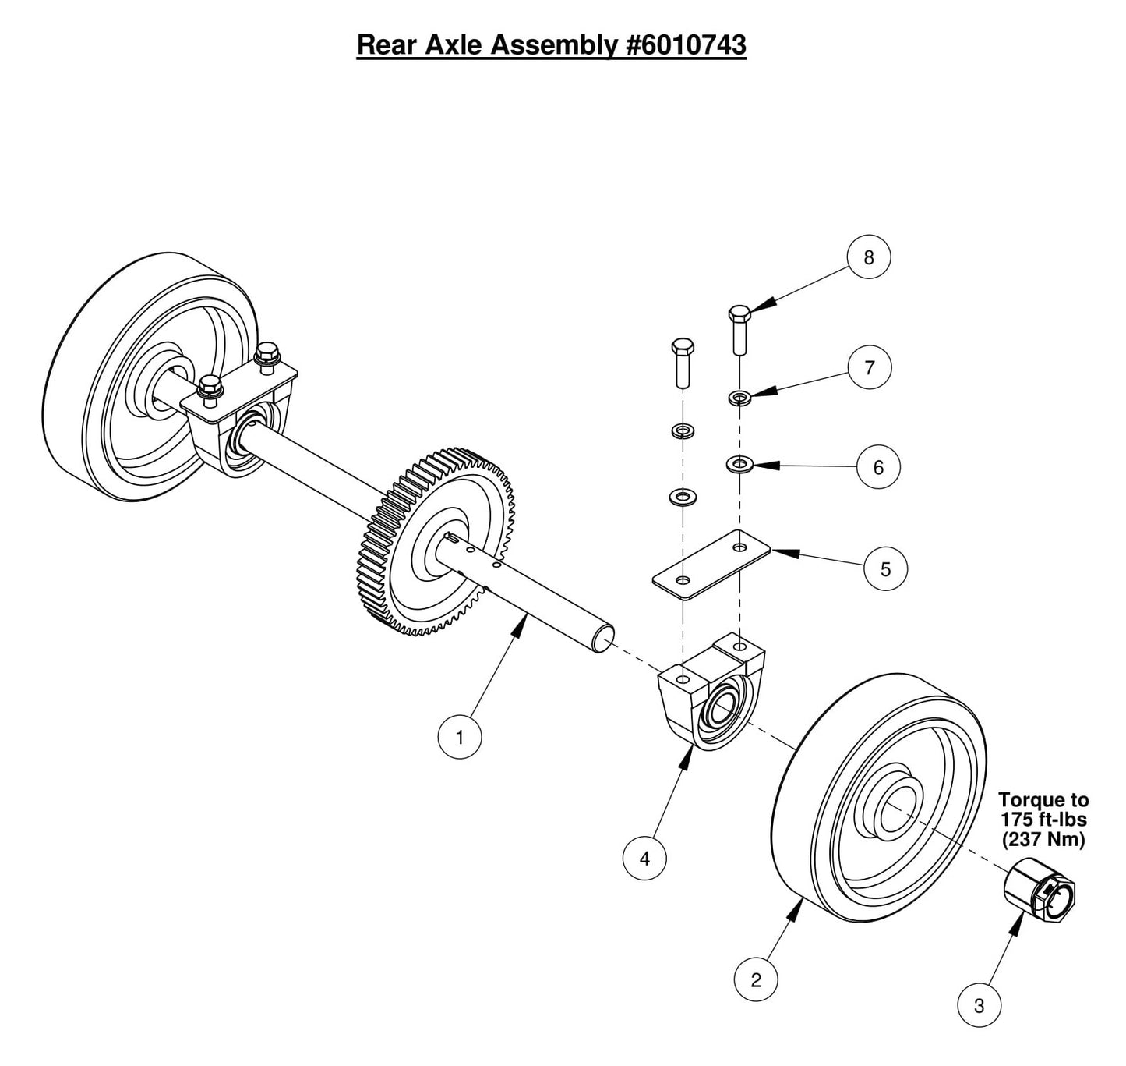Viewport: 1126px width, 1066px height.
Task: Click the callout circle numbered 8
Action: [869, 257]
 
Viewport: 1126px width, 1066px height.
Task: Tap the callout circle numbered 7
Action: [870, 367]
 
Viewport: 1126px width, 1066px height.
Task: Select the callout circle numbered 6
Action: [879, 467]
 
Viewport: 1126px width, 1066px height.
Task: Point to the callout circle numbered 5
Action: [885, 569]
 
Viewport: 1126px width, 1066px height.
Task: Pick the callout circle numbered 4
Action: [644, 859]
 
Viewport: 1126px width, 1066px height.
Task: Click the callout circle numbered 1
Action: [460, 737]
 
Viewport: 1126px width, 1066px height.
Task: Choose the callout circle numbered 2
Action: [756, 980]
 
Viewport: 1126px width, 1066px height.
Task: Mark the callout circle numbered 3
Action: [980, 1006]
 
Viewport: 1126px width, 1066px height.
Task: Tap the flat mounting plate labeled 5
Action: [711, 565]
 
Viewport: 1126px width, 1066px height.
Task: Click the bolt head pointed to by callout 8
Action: [739, 314]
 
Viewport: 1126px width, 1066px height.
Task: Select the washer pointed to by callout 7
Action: [739, 398]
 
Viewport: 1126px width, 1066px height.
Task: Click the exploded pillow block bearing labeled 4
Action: [709, 694]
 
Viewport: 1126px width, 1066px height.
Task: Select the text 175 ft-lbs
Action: [1043, 820]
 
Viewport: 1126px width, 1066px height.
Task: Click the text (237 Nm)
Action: [1043, 840]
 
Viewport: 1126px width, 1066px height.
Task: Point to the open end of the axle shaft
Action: [604, 642]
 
